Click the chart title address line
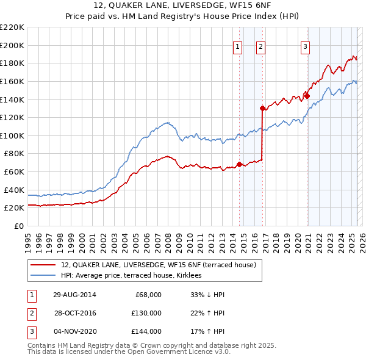[x=183, y=5]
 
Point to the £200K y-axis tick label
[x=12, y=45]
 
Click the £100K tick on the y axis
[x=12, y=135]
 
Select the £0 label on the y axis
[x=18, y=226]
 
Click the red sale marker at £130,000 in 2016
[x=262, y=108]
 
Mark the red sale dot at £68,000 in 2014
[x=239, y=164]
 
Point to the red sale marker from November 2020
[x=307, y=96]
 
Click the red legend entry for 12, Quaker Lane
[x=162, y=265]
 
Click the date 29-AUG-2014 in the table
[x=74, y=295]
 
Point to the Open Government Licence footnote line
[x=129, y=351]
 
